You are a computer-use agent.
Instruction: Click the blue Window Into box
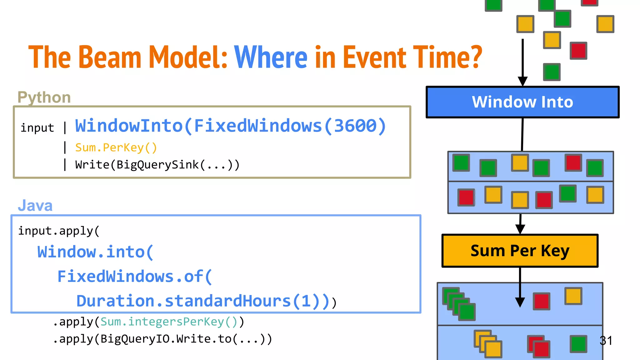(x=522, y=102)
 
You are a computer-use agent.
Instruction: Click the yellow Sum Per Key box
(x=520, y=251)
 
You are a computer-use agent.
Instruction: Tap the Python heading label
(x=44, y=97)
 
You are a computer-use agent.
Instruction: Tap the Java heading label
(x=35, y=205)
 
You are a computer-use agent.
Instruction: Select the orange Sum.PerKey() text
(x=116, y=147)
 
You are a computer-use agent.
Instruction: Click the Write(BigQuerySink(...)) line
(x=157, y=165)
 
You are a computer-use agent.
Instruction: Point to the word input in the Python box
(x=37, y=128)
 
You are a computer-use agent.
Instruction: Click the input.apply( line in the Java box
(x=59, y=231)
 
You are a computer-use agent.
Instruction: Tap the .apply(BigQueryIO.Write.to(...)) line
(x=162, y=339)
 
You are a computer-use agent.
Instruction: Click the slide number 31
(x=606, y=340)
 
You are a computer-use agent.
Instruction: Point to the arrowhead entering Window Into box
(x=522, y=81)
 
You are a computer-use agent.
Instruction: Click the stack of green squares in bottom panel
(x=459, y=304)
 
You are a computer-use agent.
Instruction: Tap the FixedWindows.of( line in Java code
(x=135, y=277)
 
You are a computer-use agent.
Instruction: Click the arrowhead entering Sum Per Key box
(x=520, y=229)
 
